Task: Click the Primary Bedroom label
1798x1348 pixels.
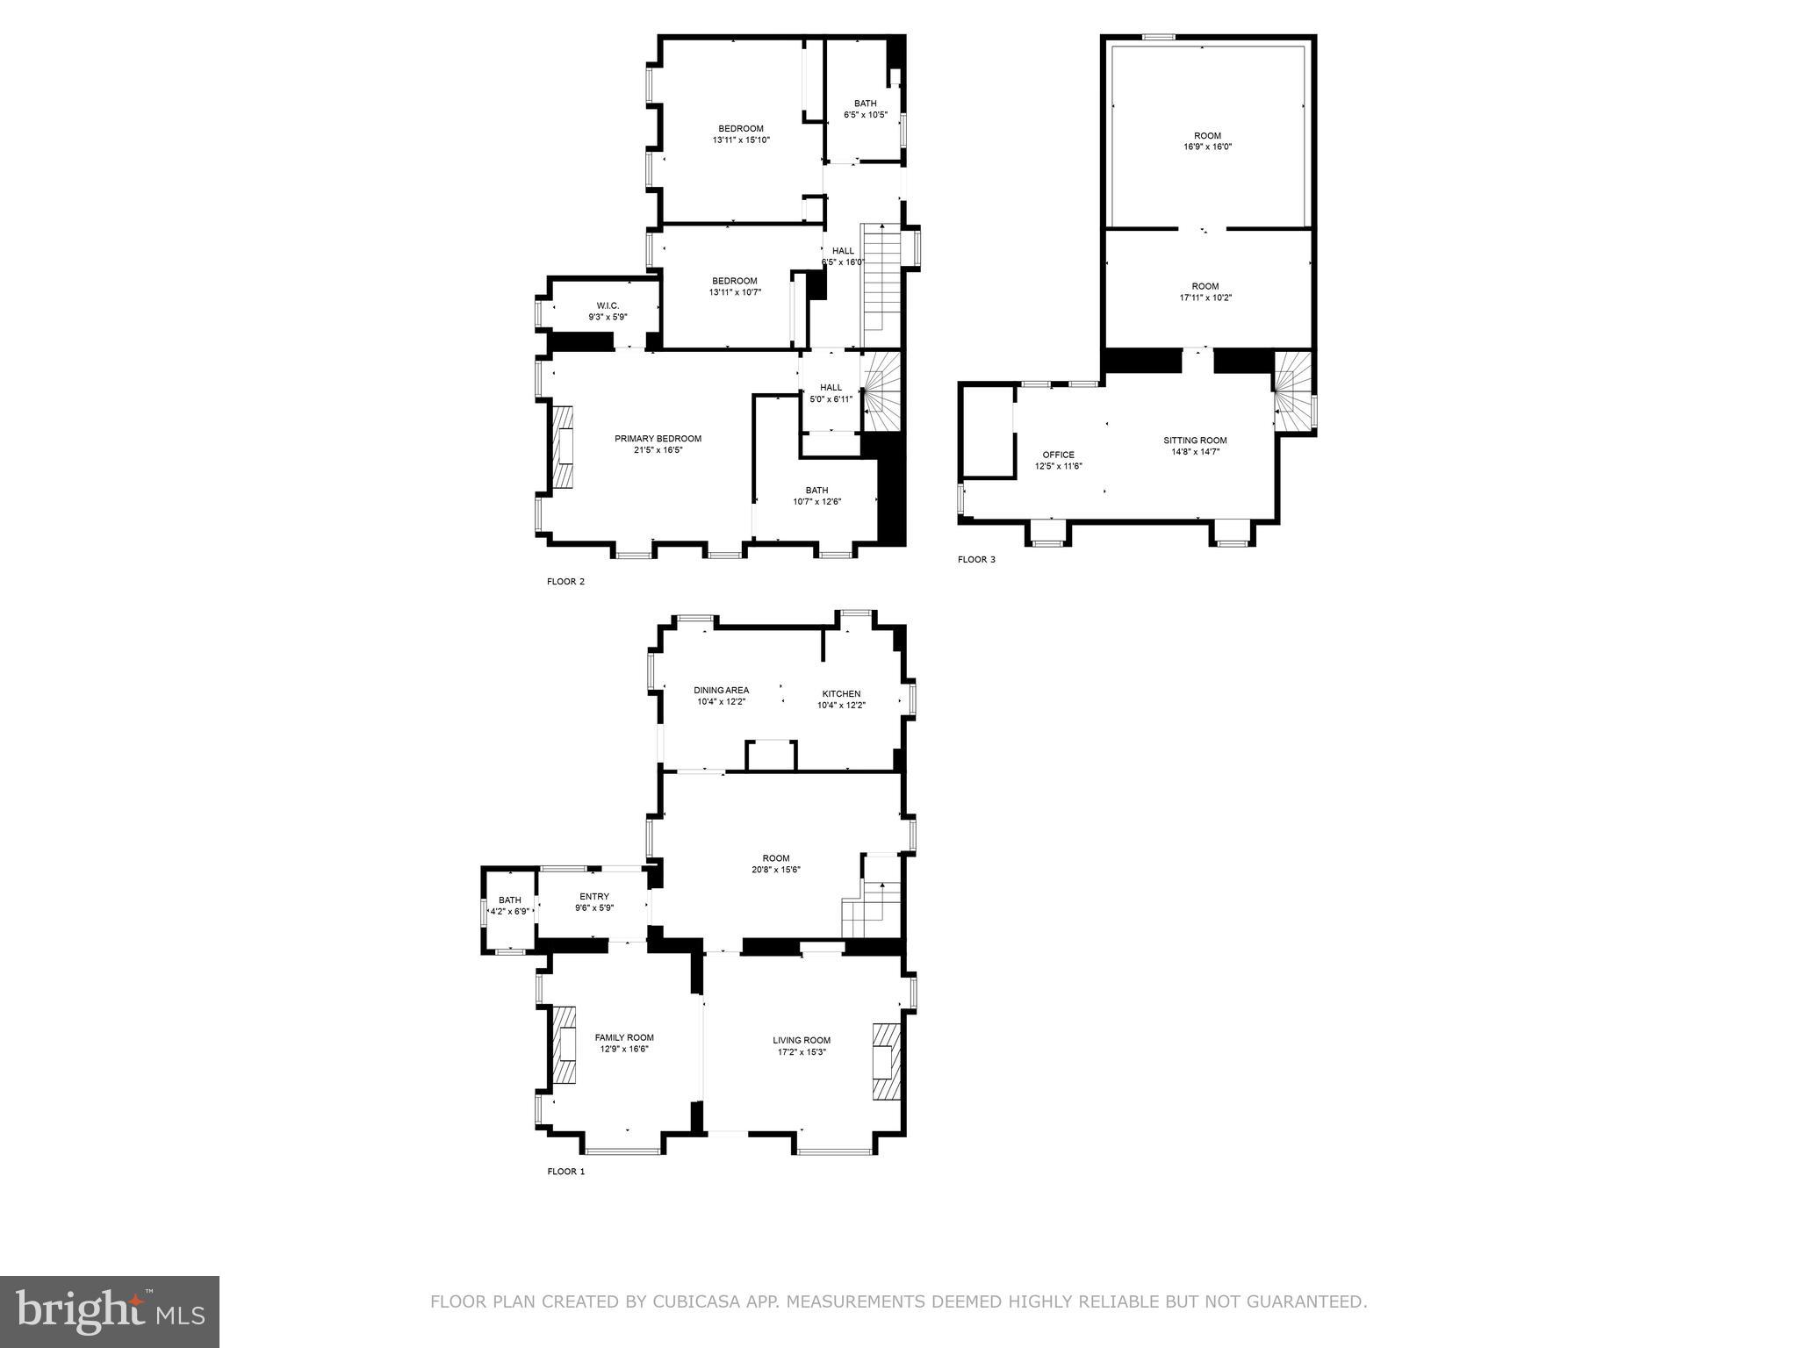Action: [658, 439]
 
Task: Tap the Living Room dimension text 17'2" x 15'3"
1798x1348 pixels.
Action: [801, 1051]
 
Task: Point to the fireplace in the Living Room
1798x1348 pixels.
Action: [887, 1061]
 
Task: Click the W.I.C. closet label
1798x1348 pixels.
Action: [608, 305]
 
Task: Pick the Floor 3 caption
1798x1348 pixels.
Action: [976, 559]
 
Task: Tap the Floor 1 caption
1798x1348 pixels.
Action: [565, 1171]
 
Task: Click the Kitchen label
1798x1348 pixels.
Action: [841, 693]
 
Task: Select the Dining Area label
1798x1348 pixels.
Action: [721, 690]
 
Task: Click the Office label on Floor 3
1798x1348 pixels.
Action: [1058, 455]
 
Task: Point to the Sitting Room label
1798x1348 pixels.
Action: [1195, 441]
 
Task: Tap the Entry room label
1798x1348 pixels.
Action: [594, 896]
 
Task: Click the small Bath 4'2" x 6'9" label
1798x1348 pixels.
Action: [510, 900]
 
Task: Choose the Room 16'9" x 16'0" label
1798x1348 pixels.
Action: [1207, 135]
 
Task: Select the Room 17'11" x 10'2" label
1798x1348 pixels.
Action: [1205, 286]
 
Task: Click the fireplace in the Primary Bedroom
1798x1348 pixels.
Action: [563, 446]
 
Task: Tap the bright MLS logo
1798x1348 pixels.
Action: [110, 1311]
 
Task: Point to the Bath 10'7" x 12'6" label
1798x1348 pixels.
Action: [816, 491]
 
